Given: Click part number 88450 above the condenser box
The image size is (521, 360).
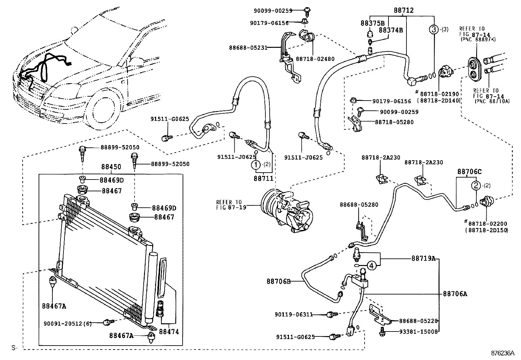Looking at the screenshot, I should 111,167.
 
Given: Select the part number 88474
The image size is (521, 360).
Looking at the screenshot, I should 169,332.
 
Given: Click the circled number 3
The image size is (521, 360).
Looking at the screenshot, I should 433,29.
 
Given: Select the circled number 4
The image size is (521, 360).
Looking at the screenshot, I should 371,266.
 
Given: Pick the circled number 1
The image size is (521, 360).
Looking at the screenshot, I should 256,164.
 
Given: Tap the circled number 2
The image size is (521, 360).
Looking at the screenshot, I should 476,185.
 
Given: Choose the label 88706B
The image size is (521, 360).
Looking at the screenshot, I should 279,281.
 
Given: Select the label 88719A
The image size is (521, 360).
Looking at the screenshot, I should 423,258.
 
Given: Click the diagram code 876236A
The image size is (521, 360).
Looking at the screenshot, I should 502,353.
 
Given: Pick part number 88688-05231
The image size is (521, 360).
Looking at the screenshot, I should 248,47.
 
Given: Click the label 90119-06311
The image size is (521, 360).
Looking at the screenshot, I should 294,314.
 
